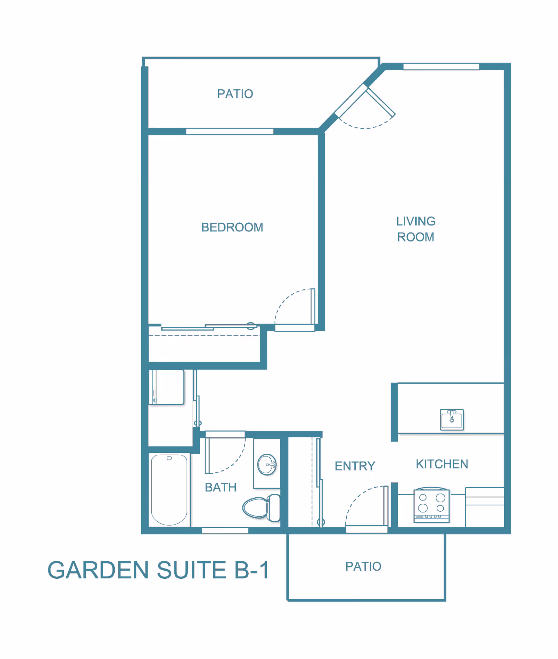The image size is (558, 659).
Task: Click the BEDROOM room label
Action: tap(232, 227)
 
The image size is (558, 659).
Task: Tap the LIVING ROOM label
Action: tap(416, 229)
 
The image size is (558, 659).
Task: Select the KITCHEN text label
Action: tap(442, 464)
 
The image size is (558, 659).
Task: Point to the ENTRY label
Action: tap(355, 466)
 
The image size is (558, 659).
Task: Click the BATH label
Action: tap(220, 487)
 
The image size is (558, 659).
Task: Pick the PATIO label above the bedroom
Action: tap(235, 94)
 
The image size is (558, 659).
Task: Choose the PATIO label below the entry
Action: tap(363, 566)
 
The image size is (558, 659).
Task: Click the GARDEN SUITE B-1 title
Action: tap(159, 570)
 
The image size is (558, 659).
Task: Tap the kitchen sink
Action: tap(452, 420)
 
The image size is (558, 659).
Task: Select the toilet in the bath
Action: tap(262, 508)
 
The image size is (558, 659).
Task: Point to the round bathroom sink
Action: tap(267, 465)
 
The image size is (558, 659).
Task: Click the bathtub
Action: tap(169, 489)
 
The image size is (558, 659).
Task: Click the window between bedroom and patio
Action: tap(229, 131)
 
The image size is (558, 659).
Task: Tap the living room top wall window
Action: tap(441, 67)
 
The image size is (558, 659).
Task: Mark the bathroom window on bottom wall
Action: tap(225, 531)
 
